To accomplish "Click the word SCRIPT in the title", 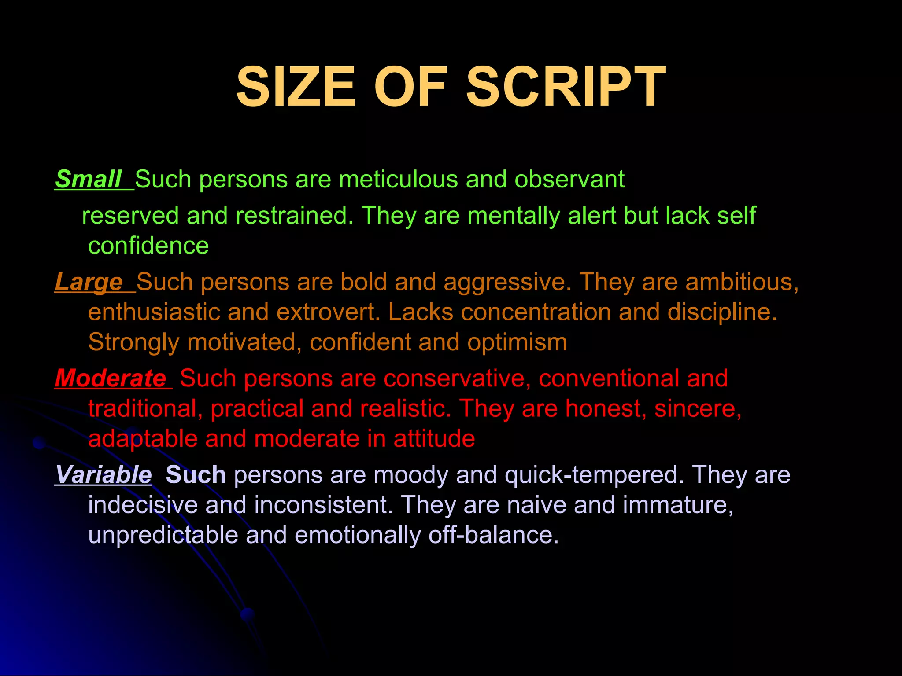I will (x=566, y=87).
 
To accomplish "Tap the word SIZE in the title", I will (x=296, y=87).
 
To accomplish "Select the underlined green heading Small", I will (x=88, y=180).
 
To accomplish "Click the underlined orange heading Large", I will (x=89, y=282).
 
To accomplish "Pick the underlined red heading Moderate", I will (x=111, y=378).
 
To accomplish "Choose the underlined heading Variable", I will (x=104, y=475).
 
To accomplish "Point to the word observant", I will (x=569, y=180).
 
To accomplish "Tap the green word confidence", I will (x=148, y=246).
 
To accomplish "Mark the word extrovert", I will (x=328, y=312).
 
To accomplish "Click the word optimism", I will (x=517, y=342).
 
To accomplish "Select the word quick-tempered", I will (x=594, y=475).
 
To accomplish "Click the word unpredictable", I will (x=163, y=535).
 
